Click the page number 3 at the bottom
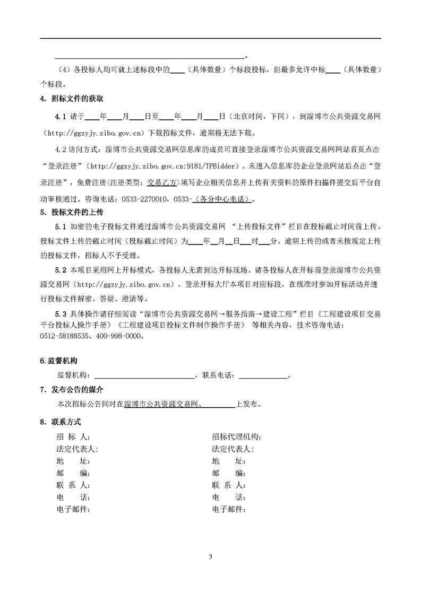211,557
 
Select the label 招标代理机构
236,437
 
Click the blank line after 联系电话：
263,375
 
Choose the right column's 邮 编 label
228,473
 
